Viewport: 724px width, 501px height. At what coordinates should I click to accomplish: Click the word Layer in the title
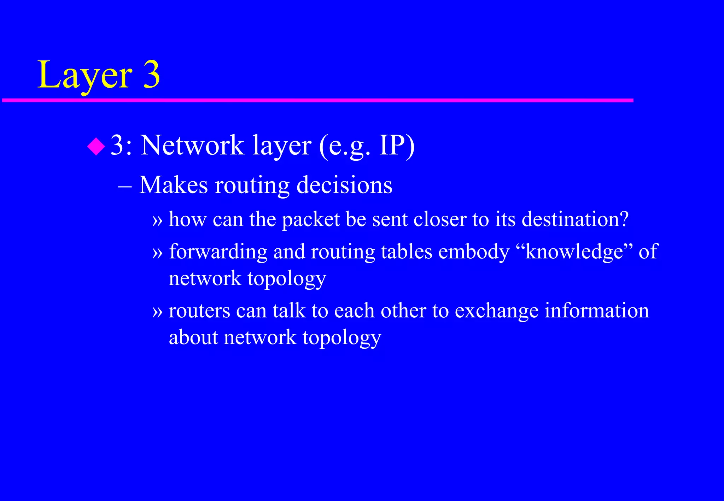point(85,75)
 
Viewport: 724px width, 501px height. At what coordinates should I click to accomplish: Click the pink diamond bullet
point(96,146)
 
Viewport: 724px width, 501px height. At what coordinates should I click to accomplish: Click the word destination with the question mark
point(575,219)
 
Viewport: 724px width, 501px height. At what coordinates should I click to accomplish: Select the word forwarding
point(218,252)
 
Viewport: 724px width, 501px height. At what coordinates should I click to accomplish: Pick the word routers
point(199,311)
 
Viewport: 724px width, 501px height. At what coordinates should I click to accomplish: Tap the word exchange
point(496,311)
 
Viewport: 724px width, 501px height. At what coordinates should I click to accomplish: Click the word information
point(597,311)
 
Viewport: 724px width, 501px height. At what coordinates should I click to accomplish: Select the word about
point(193,337)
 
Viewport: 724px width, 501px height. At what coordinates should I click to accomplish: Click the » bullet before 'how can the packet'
point(157,220)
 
